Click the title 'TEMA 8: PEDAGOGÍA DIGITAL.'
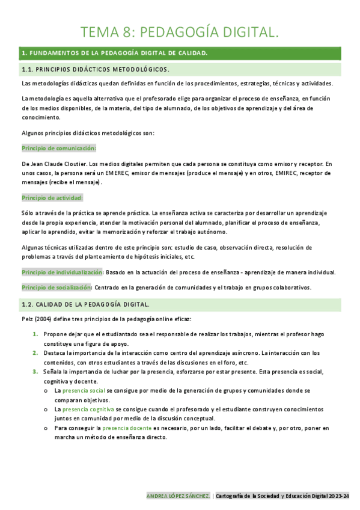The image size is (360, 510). coord(180,32)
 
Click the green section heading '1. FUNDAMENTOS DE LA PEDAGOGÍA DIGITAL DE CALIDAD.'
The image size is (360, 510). coord(114,54)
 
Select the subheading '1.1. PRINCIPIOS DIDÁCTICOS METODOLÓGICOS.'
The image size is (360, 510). coord(96,69)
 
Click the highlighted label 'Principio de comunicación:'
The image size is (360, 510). coord(59,147)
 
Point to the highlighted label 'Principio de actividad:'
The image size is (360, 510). coord(52,197)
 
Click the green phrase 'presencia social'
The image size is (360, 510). coord(88,390)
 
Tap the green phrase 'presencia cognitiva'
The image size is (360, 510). coord(93,409)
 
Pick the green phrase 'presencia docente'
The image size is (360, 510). coord(126,428)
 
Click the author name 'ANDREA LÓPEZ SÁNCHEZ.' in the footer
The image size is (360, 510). coord(178,496)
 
